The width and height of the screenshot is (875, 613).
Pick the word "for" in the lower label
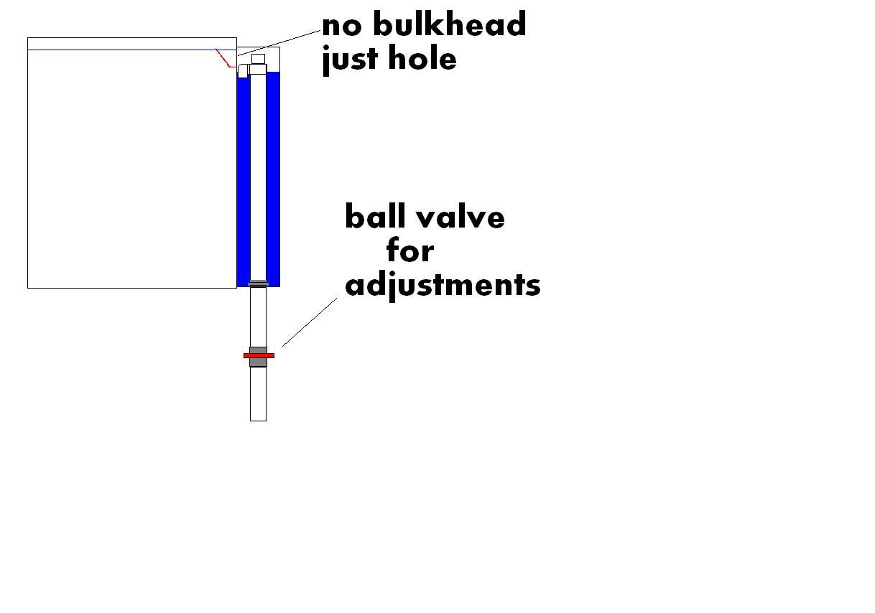coord(410,251)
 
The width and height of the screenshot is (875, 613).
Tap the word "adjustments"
coord(443,285)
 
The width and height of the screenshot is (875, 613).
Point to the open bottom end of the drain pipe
coord(258,418)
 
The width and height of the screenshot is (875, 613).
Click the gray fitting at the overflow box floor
coord(258,284)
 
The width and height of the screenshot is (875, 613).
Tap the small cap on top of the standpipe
coord(258,59)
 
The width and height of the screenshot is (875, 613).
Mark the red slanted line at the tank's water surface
coord(224,58)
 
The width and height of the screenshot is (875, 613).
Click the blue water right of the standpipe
coord(273,179)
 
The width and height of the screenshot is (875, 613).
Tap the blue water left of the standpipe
coord(243,179)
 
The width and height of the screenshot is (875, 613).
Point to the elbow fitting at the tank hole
coord(244,70)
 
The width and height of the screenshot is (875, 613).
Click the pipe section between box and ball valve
coord(258,316)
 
